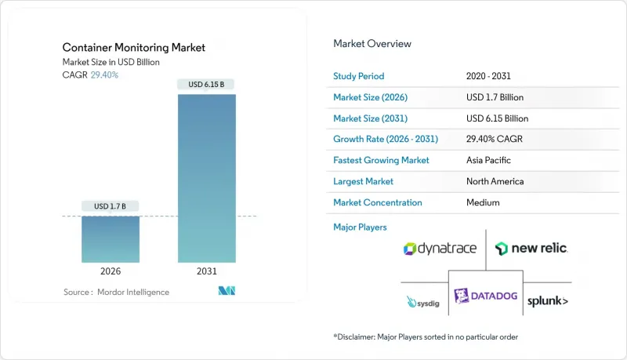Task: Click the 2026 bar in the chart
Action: tap(111, 239)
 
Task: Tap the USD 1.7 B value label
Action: tap(111, 206)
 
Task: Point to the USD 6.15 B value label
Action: tap(207, 84)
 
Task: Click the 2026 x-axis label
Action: tap(111, 271)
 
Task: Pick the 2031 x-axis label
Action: tap(207, 271)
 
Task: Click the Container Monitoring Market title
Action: tap(134, 48)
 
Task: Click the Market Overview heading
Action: tap(372, 44)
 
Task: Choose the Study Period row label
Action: tap(359, 76)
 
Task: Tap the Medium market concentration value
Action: tap(483, 202)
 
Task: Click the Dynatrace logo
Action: tap(440, 249)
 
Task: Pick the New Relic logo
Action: tap(531, 249)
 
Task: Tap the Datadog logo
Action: tap(485, 296)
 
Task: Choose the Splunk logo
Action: tap(548, 301)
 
